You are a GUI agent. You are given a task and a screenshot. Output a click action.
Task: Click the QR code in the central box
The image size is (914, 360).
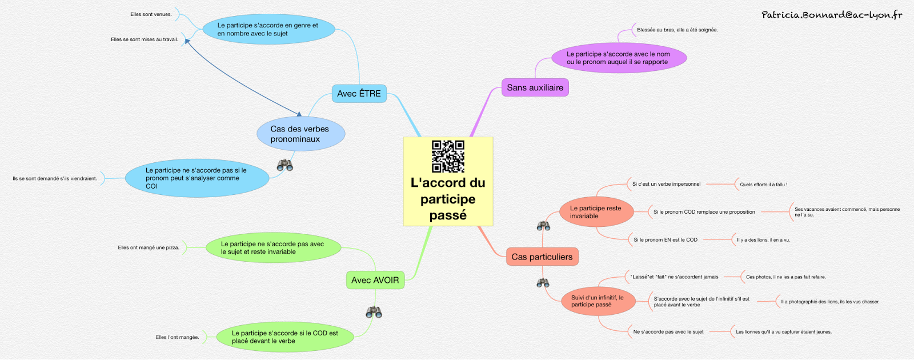(448, 156)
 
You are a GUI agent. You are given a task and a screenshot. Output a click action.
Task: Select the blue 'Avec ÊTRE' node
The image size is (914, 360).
(359, 93)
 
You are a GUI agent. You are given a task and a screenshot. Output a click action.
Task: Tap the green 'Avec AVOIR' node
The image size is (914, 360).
(375, 280)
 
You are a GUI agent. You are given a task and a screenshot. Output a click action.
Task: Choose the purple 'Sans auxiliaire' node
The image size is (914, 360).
(535, 87)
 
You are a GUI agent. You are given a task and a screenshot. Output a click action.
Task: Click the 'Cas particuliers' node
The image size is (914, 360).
(542, 257)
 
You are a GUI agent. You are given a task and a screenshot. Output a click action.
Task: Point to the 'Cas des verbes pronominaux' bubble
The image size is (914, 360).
(300, 134)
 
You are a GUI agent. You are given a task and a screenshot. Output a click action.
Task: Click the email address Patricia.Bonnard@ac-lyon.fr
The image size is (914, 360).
(832, 15)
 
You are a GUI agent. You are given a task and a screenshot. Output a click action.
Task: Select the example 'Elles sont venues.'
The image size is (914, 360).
(151, 14)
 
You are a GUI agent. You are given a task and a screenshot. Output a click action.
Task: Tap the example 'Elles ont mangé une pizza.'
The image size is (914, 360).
(149, 247)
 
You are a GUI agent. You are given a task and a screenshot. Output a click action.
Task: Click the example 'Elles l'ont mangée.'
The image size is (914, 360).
(177, 337)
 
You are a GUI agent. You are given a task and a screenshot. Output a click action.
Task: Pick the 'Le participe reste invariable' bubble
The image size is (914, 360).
(596, 212)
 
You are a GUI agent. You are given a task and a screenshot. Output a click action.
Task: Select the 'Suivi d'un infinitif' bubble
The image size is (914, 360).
(598, 301)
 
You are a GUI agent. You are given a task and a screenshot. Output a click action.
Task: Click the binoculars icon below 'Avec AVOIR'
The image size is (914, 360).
(374, 312)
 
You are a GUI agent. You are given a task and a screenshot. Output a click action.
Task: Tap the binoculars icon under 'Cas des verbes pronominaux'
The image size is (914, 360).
(285, 165)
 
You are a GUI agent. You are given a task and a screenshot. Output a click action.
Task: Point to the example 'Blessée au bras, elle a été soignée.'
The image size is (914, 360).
(677, 30)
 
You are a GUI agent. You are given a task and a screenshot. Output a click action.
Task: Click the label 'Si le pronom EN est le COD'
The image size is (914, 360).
(665, 240)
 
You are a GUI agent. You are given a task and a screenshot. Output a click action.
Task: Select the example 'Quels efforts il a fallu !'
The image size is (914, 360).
(763, 185)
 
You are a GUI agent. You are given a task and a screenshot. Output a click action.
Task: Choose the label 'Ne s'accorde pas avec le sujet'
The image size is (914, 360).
(668, 331)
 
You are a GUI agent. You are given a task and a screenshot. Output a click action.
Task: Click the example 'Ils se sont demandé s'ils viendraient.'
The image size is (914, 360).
(55, 178)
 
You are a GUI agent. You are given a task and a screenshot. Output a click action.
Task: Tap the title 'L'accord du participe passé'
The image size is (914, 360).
(448, 199)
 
